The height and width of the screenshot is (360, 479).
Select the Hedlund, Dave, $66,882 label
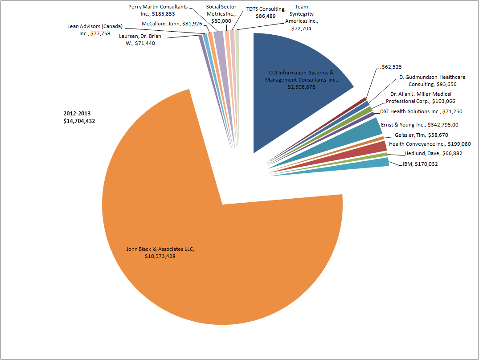pyautogui.click(x=433, y=154)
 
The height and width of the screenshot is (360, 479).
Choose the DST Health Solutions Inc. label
pyautogui.click(x=421, y=111)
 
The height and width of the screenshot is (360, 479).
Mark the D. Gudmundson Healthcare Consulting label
pyautogui.click(x=432, y=81)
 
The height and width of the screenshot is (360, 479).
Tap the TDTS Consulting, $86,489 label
pyautogui.click(x=265, y=12)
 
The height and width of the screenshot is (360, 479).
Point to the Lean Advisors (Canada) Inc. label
pyautogui.click(x=94, y=30)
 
